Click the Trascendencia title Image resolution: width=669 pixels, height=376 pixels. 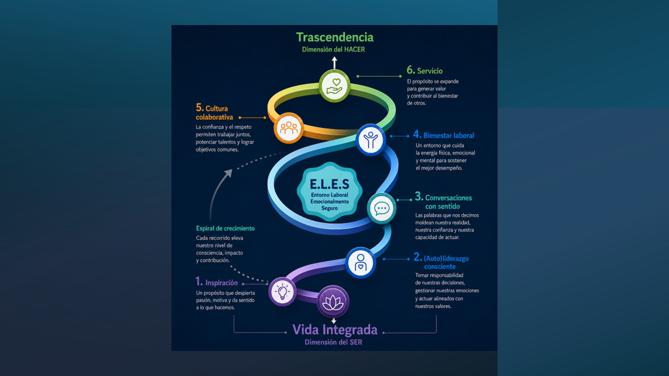point(334,37)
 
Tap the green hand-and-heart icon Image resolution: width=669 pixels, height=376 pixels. point(334,86)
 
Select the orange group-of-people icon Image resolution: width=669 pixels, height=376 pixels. point(289,128)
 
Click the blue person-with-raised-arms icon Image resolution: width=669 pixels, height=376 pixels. point(371,139)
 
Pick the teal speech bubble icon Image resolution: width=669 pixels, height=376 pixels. point(382,208)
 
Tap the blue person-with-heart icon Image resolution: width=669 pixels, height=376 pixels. point(361,263)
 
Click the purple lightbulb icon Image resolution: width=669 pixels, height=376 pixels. point(282,291)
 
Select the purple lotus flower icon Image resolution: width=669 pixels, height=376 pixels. point(333,302)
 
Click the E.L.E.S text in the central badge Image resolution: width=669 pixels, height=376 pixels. point(329,184)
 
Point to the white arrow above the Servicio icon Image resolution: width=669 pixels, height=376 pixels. point(334,63)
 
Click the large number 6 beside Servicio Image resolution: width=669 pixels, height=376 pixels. point(411,70)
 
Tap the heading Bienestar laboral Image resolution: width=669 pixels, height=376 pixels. point(448,135)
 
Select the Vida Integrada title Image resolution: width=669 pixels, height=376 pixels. point(335,330)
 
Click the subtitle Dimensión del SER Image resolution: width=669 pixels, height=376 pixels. point(333,342)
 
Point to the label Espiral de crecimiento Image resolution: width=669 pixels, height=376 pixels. point(225,229)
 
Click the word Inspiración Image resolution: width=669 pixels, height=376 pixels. point(221,283)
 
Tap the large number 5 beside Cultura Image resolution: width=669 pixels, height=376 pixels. point(200,108)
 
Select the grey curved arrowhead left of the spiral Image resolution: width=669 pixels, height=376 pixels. point(228,173)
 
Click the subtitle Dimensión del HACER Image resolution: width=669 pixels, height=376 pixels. point(333,50)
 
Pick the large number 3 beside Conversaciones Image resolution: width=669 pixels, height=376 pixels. point(419,196)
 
